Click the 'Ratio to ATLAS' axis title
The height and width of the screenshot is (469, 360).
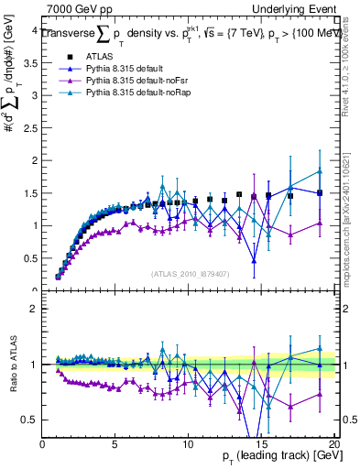11,365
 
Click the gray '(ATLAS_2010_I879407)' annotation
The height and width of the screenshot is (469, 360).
190,272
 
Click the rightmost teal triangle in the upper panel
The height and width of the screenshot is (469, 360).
320,171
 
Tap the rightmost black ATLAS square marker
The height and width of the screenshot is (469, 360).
320,192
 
